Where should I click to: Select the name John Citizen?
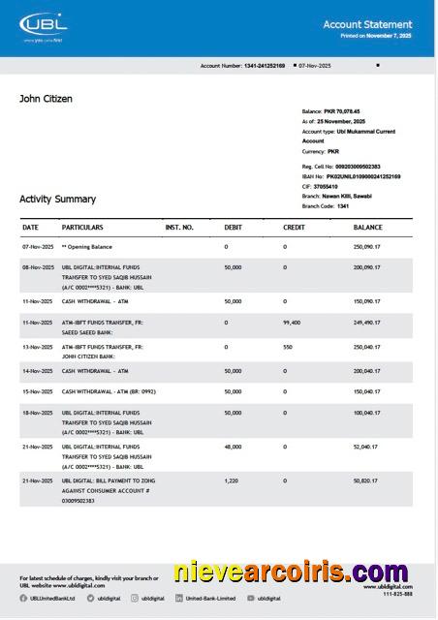(x=46, y=99)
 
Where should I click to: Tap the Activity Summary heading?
(x=57, y=199)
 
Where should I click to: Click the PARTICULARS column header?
(x=82, y=228)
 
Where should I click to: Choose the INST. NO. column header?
(x=179, y=228)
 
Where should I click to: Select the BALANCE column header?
(x=367, y=228)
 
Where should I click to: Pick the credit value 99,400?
(x=292, y=323)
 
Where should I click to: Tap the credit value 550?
(x=288, y=346)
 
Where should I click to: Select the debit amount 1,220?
(x=231, y=480)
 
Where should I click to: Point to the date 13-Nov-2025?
(x=38, y=346)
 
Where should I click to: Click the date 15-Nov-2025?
(x=38, y=391)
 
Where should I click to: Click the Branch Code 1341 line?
(x=326, y=206)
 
